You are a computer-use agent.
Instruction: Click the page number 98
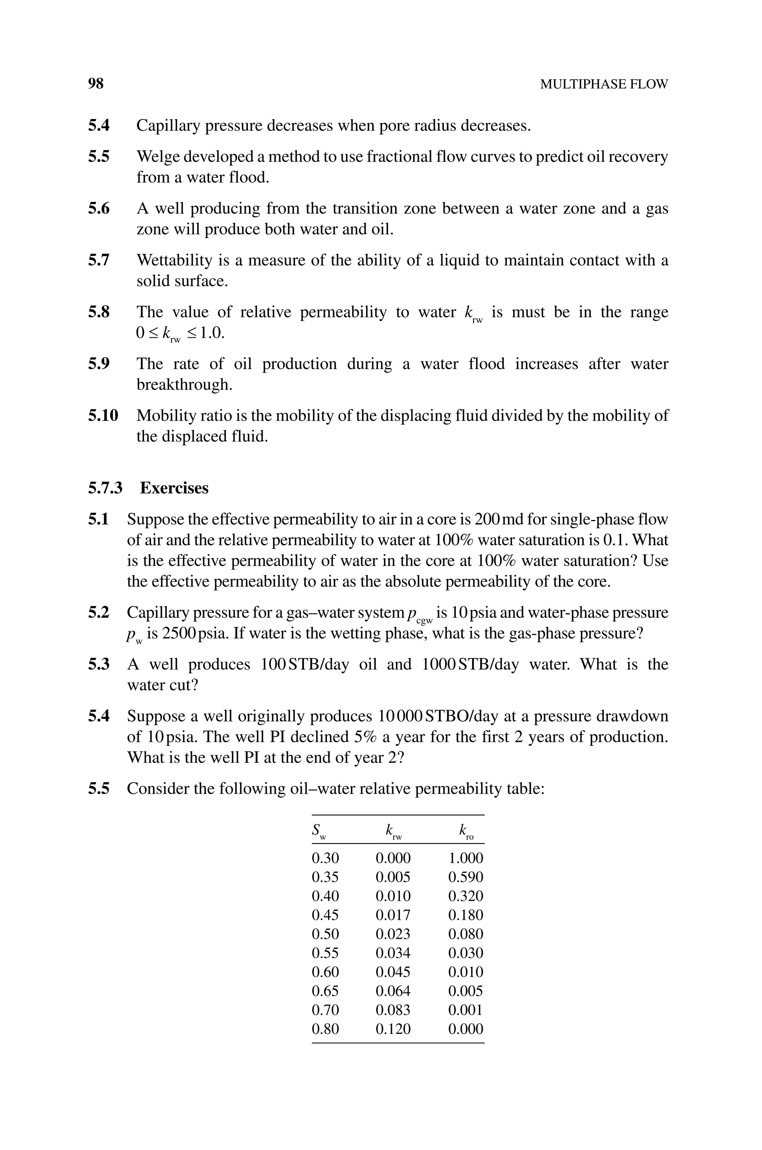(x=96, y=84)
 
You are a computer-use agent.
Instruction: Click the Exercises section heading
(x=174, y=488)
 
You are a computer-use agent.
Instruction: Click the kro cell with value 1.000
(x=465, y=858)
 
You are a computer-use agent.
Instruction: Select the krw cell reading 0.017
(x=393, y=915)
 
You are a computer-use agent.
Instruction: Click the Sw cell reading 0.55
(x=325, y=953)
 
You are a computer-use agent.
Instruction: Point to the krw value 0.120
(x=393, y=1029)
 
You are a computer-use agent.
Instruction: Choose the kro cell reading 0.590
(x=465, y=877)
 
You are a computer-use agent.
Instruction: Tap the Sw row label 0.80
(x=325, y=1029)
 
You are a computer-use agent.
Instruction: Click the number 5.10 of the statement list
(x=103, y=416)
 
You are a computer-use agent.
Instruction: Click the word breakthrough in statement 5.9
(x=184, y=385)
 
